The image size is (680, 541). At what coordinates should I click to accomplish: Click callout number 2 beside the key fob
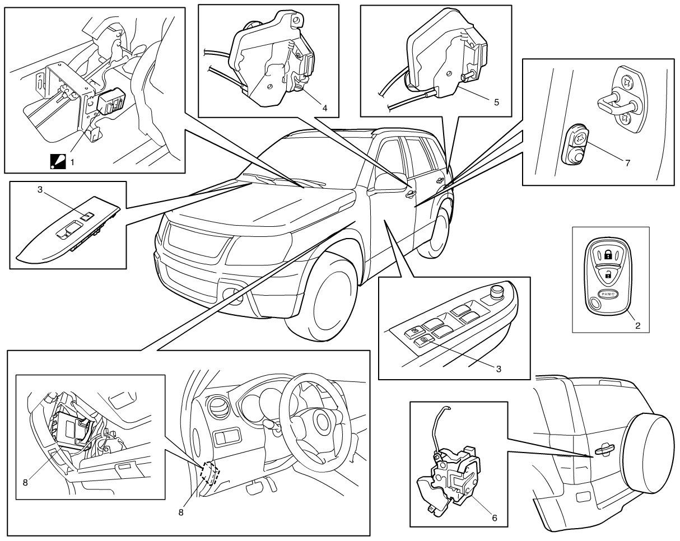[x=637, y=325]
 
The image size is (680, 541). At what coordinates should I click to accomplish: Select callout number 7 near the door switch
[x=627, y=163]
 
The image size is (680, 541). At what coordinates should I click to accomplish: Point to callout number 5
[x=496, y=102]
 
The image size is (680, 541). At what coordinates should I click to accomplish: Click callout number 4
[x=325, y=108]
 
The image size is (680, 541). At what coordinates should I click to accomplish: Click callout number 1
[x=72, y=162]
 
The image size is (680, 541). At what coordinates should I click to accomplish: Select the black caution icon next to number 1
[x=58, y=161]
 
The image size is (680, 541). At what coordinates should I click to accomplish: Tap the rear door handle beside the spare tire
[x=604, y=450]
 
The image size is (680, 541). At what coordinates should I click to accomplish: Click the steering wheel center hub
[x=324, y=421]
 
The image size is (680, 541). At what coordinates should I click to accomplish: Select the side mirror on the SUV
[x=389, y=183]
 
